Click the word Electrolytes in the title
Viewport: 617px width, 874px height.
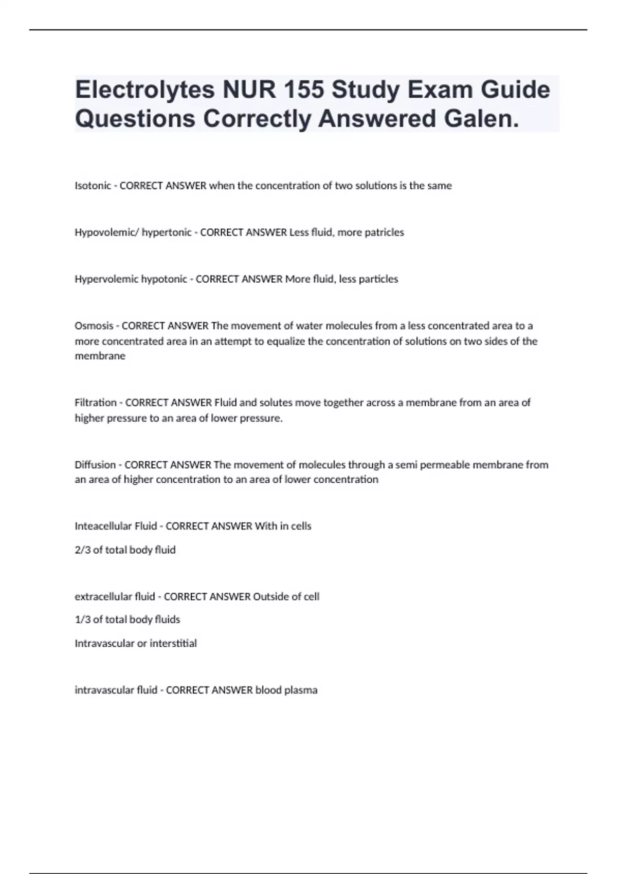point(145,90)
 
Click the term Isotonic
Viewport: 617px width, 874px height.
point(93,186)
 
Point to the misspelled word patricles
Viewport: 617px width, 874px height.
point(384,232)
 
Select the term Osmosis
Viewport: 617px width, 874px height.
point(94,326)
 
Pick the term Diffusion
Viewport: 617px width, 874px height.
point(95,465)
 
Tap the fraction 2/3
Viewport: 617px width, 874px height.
point(82,550)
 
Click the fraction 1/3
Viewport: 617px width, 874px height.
point(82,620)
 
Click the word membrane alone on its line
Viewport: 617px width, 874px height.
point(100,356)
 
